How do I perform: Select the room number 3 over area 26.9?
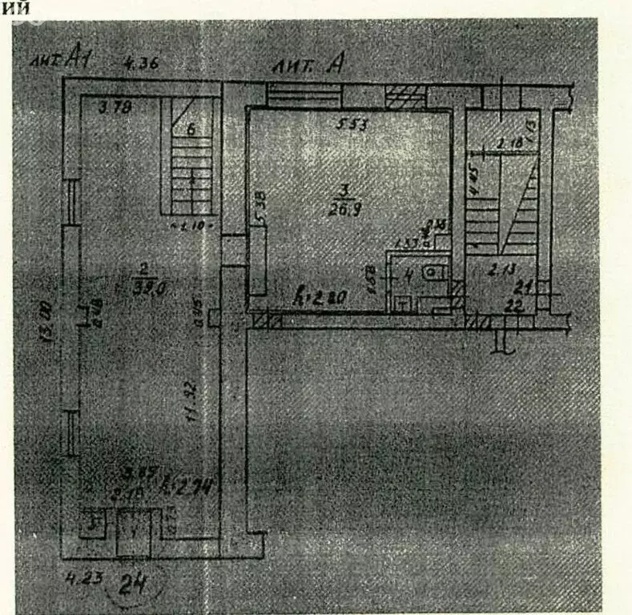[x=344, y=191]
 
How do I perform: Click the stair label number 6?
[x=191, y=130]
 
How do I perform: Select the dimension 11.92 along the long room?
[x=189, y=396]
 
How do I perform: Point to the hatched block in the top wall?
[x=406, y=97]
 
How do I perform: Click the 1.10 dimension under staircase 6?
[x=191, y=227]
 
